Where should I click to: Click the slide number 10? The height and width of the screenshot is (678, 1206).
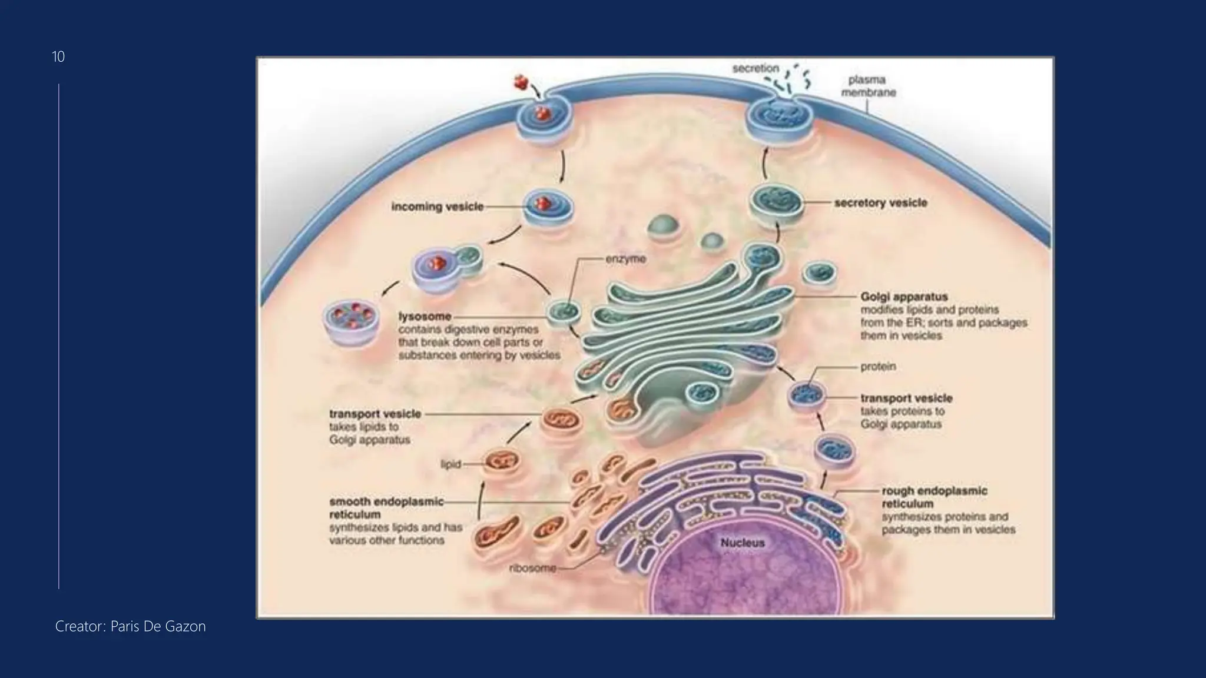click(58, 56)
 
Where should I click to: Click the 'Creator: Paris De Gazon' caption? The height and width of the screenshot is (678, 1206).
click(130, 626)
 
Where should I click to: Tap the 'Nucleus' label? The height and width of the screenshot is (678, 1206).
click(742, 543)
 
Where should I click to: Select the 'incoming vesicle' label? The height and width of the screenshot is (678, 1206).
click(437, 207)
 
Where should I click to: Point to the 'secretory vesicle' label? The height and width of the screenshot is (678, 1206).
click(880, 202)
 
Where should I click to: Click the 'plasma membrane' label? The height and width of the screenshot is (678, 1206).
click(868, 86)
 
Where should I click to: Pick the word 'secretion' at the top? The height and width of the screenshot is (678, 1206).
click(756, 68)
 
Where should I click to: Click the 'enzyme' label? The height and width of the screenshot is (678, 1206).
click(625, 259)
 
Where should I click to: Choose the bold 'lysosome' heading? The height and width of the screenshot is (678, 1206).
click(425, 316)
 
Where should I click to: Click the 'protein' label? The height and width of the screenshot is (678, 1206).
click(878, 366)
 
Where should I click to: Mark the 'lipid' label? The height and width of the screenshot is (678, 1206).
click(450, 464)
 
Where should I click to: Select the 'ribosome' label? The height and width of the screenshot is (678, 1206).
click(532, 569)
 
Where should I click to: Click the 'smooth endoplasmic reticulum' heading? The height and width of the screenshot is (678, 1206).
click(386, 507)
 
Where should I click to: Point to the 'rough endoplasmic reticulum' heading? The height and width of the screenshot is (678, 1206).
click(934, 497)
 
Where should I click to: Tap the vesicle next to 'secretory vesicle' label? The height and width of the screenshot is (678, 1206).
click(776, 203)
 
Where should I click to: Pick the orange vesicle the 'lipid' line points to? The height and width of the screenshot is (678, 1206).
click(502, 463)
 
